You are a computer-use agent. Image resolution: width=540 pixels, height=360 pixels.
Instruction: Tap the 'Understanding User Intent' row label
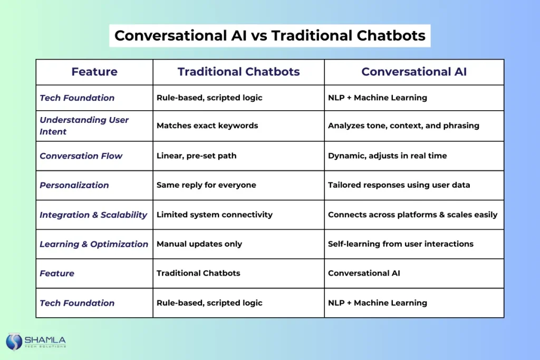tap(84, 125)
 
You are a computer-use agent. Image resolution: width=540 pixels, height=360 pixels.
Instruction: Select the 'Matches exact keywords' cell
tap(207, 125)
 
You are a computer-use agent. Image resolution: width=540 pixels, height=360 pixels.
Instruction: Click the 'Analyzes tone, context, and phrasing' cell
tap(403, 125)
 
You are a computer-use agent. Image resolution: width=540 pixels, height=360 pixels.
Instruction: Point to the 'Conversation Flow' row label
tap(81, 156)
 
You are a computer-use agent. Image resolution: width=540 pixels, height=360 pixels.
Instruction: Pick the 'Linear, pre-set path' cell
tap(196, 156)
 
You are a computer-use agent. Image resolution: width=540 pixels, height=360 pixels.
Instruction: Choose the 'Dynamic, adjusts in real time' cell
tap(387, 156)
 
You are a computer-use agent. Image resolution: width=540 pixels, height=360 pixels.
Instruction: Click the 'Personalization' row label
tap(74, 185)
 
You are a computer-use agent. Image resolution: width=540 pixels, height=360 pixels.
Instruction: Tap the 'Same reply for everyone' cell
tap(206, 185)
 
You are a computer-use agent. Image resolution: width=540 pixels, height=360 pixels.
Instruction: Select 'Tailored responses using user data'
tap(399, 185)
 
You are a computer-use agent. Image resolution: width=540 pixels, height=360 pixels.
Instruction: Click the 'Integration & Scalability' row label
tap(93, 215)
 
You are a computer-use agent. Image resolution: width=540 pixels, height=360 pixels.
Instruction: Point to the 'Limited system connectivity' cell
tap(215, 215)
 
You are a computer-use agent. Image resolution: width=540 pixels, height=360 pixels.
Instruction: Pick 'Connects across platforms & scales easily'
tap(412, 215)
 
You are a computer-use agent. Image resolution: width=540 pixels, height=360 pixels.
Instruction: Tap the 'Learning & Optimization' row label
tap(94, 244)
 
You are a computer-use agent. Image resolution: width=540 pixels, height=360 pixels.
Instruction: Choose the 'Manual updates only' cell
tap(199, 244)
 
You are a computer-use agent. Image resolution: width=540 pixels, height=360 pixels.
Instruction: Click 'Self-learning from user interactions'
tap(401, 244)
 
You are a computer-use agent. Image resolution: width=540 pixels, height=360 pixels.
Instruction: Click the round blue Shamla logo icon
tap(14, 342)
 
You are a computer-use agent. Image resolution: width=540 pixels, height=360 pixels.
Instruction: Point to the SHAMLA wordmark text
tap(45, 340)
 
